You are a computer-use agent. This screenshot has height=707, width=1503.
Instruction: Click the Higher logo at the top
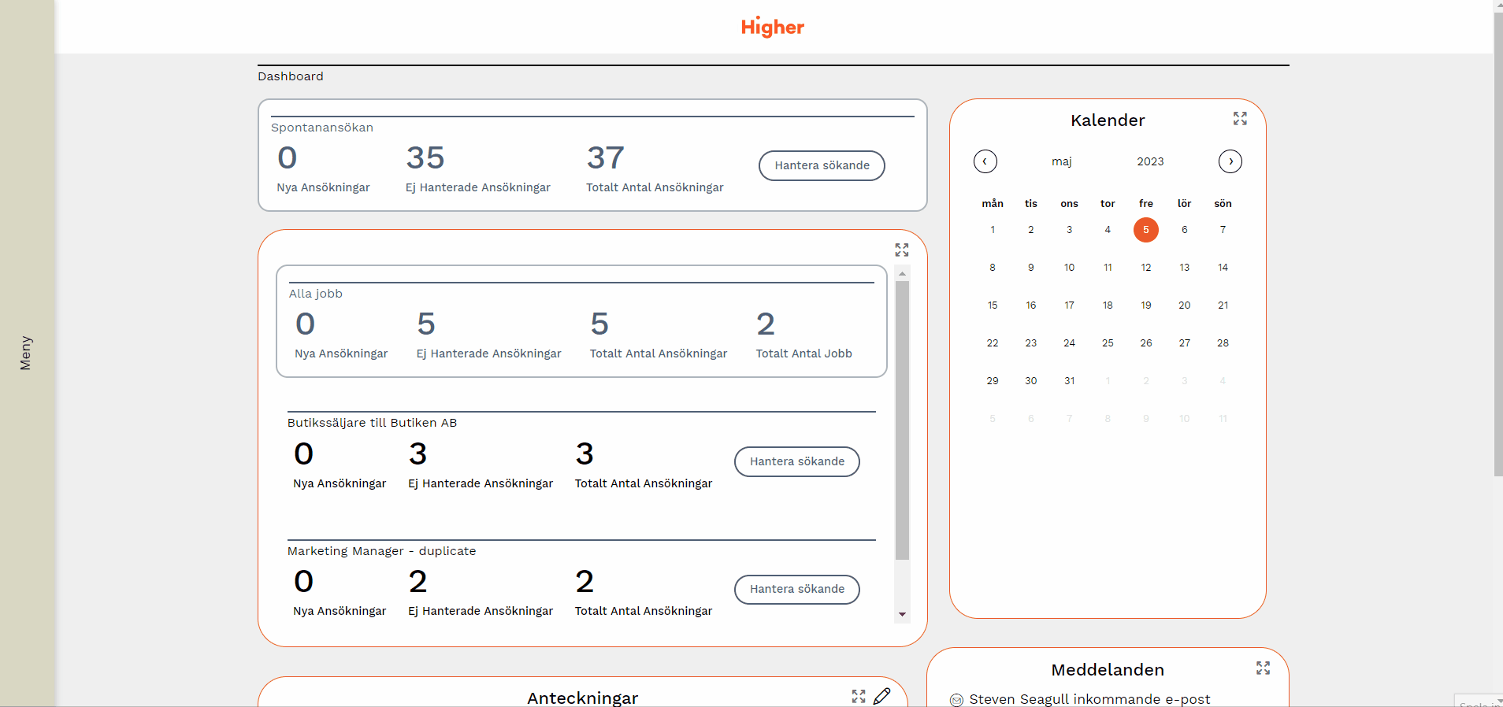coord(772,27)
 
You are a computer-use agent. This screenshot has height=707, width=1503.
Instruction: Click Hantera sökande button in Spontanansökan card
coord(822,165)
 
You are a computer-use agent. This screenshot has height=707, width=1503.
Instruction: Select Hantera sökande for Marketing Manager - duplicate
coord(796,589)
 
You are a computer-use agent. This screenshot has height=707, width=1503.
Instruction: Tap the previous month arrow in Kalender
coord(985,161)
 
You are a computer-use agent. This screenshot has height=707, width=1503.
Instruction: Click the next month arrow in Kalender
coord(1230,161)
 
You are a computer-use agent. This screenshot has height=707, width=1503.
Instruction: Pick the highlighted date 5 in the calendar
coord(1145,230)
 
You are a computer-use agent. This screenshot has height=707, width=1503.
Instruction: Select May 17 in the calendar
coord(1069,305)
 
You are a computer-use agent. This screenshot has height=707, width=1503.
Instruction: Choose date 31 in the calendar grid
coord(1069,381)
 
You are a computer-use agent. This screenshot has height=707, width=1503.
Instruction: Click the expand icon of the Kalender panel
coord(1240,118)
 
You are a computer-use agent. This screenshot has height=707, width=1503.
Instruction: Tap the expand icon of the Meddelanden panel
coord(1263,668)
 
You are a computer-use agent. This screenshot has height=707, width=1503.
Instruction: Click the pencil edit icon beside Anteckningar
coord(881,696)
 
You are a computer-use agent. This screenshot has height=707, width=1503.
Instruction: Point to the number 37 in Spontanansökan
coord(605,158)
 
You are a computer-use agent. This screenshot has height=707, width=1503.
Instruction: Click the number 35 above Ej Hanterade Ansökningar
coord(425,158)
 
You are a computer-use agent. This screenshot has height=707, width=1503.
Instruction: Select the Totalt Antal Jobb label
coord(803,353)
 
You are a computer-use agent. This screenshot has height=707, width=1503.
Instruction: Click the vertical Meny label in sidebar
coord(26,353)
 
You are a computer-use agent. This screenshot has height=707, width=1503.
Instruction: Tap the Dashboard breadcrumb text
coord(291,76)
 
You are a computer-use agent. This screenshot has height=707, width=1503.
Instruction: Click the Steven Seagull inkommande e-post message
coord(1089,699)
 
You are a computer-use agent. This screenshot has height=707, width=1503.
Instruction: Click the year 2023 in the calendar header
coord(1150,161)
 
